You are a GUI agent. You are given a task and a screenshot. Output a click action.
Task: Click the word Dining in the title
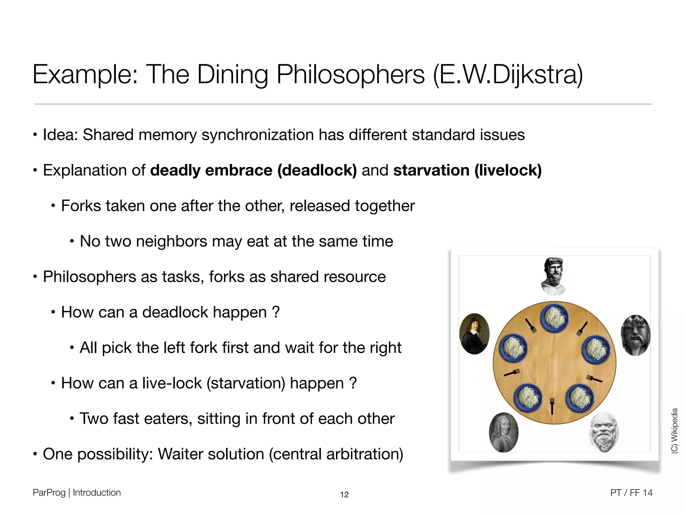(x=232, y=74)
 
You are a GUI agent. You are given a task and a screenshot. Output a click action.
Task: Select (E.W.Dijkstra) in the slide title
(x=508, y=74)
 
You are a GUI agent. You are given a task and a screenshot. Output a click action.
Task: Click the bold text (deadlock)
(x=317, y=170)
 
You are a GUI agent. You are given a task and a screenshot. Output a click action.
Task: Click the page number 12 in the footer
(x=344, y=495)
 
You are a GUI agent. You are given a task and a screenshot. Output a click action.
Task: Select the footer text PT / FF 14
(x=631, y=493)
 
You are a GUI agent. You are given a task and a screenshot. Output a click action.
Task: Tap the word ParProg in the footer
(x=49, y=493)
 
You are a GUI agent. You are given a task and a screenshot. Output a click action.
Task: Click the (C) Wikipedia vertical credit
(x=674, y=431)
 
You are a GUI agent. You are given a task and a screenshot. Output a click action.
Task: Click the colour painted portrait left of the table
(x=475, y=334)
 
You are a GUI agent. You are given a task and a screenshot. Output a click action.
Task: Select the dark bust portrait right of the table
(x=635, y=335)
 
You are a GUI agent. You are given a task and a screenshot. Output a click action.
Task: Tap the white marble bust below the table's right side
(x=604, y=432)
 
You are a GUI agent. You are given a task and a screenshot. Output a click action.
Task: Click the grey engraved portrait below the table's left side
(x=503, y=432)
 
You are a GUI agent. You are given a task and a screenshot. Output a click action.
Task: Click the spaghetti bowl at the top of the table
(x=554, y=318)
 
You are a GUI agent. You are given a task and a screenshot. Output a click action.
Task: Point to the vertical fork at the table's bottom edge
(x=552, y=406)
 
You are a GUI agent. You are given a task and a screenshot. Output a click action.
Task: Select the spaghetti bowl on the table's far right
(x=596, y=349)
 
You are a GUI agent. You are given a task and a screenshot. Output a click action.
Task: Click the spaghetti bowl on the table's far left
(x=513, y=348)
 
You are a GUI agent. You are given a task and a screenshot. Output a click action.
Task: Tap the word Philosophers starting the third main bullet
(x=89, y=277)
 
